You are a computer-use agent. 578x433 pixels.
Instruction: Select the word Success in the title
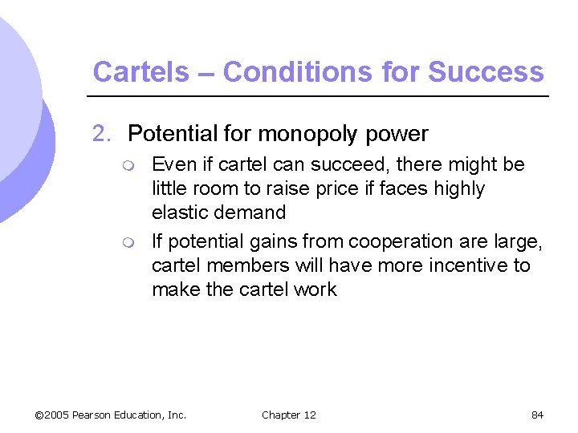point(486,72)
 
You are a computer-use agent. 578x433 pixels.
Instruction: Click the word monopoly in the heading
point(302,134)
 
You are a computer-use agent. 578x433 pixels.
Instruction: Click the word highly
point(456,189)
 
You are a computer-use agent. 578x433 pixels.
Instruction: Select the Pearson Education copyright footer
point(111,415)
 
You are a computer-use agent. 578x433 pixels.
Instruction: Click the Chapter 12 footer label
point(289,415)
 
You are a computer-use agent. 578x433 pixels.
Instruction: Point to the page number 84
point(537,415)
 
